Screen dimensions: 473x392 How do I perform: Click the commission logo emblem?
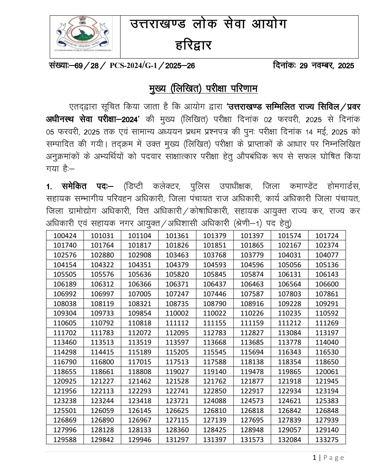[x=82, y=36]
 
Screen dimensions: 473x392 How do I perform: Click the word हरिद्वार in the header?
[x=193, y=46]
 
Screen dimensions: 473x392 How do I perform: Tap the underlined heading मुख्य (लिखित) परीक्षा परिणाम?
[x=203, y=89]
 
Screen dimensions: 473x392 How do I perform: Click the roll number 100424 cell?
[x=65, y=236]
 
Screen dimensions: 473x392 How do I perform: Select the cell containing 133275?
[x=327, y=440]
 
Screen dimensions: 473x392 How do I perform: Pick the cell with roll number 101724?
[x=327, y=236]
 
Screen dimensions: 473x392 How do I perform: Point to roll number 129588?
[x=65, y=440]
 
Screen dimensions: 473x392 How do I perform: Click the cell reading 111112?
[x=177, y=323]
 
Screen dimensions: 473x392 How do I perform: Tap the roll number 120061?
[x=327, y=372]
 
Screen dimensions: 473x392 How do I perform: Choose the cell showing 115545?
[x=215, y=352]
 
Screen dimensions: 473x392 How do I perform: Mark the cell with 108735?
[x=177, y=304]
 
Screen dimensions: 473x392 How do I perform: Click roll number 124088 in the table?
[x=215, y=401]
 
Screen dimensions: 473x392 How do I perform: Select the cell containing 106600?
[x=327, y=284]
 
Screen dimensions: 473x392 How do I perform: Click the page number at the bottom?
[x=314, y=458]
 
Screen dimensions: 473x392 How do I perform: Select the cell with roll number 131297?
[x=177, y=440]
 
